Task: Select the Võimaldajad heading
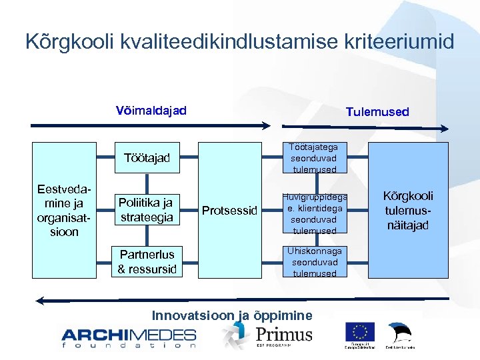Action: click(151, 110)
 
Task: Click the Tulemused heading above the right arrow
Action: click(377, 112)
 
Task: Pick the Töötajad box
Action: click(147, 158)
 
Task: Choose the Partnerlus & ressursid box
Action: click(147, 261)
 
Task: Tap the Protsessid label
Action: click(229, 211)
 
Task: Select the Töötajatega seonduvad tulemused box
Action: click(314, 158)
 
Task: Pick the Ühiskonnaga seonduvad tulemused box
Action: click(314, 262)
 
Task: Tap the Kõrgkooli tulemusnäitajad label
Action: click(407, 210)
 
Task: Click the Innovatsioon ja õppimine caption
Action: click(232, 315)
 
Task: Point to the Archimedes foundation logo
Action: click(129, 337)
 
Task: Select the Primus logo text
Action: click(283, 333)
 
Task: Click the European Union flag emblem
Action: click(360, 331)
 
